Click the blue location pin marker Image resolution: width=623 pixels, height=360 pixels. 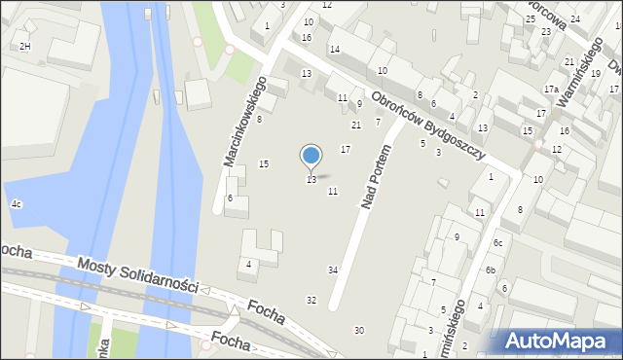coord(311,156)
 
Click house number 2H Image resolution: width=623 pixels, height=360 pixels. coord(24,46)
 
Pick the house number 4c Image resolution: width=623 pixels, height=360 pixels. coord(17,203)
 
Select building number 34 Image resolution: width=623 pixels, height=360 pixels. coord(333,270)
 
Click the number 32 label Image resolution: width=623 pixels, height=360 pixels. coord(311,300)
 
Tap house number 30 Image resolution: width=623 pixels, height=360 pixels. coord(358,331)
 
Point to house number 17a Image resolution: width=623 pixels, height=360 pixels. coord(551,90)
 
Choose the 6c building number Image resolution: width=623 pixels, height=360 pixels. coord(497,242)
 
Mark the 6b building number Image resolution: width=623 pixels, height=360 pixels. coord(492,270)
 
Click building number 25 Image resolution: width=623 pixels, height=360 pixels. coord(531,18)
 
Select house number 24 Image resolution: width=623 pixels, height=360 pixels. coord(574,18)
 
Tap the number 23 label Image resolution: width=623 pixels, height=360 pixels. coord(546,31)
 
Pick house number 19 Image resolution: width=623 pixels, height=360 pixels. coord(596,73)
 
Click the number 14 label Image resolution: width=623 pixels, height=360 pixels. coord(335,49)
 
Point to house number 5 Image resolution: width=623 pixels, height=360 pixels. coord(421,143)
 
